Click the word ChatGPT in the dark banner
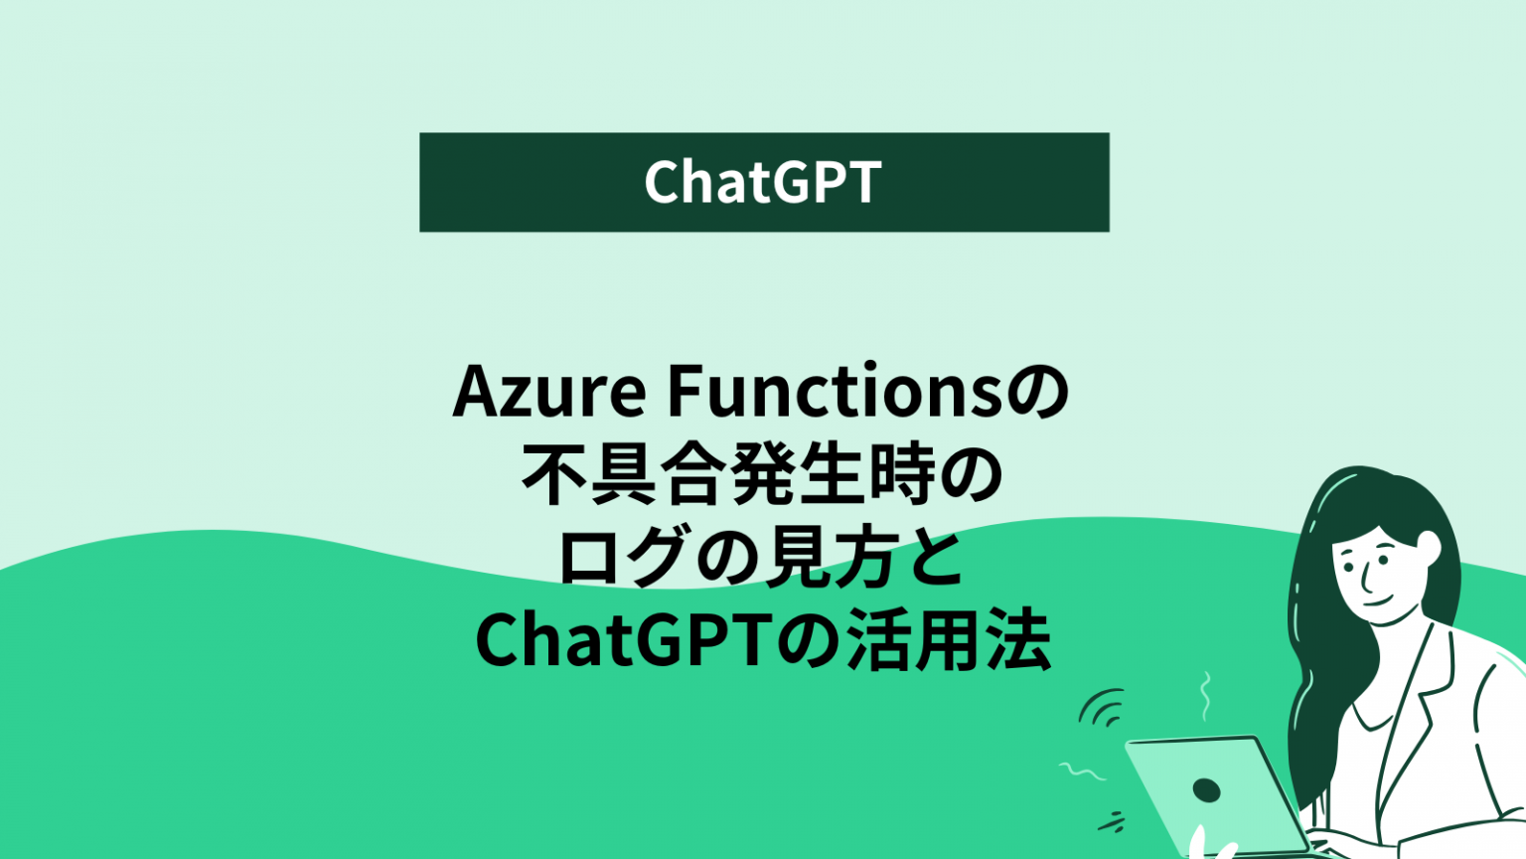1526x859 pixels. point(763,182)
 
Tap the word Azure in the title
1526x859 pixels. point(549,392)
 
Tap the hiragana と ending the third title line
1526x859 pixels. point(936,560)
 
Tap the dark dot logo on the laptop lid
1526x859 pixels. point(1206,790)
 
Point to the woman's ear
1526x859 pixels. point(1429,546)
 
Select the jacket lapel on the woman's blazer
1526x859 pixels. point(1411,716)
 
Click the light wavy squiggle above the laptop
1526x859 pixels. point(1206,695)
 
